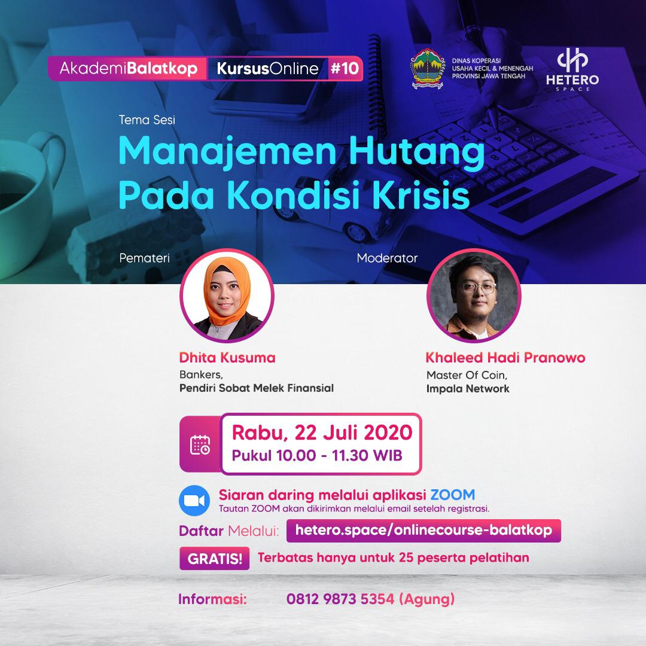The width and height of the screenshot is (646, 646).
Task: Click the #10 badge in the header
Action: click(345, 68)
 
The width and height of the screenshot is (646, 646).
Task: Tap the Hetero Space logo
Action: click(572, 69)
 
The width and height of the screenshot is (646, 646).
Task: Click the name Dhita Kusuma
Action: click(227, 358)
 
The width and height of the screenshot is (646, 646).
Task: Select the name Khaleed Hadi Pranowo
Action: click(505, 358)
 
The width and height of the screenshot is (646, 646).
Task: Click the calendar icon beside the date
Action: click(200, 444)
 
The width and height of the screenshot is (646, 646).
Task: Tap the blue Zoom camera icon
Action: click(194, 501)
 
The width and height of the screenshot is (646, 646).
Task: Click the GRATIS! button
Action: click(214, 559)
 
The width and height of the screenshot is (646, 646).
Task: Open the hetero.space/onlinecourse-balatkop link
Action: click(423, 531)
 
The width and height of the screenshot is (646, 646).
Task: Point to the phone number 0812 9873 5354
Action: click(340, 599)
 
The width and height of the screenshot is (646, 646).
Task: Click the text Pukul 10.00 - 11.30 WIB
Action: click(317, 456)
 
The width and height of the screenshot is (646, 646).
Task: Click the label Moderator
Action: click(387, 258)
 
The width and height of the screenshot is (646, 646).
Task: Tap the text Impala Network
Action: click(468, 389)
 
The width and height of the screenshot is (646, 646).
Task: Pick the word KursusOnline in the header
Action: click(267, 68)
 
